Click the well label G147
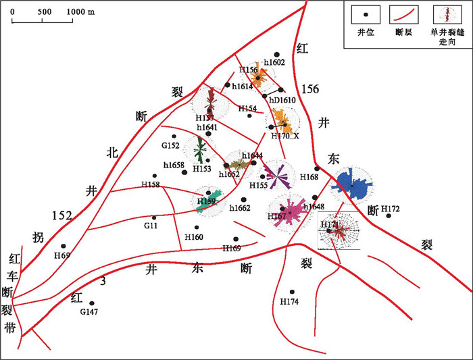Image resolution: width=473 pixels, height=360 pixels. coord(89,312)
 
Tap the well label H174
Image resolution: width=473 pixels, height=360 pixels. coord(289,301)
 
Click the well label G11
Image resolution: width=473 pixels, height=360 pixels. coord(150,227)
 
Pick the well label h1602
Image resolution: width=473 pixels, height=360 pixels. coord(274,62)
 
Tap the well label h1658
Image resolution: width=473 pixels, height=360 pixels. coord(174,165)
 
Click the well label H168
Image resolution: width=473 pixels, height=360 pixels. coord(309,178)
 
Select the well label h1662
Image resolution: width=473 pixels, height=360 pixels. coord(240,208)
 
